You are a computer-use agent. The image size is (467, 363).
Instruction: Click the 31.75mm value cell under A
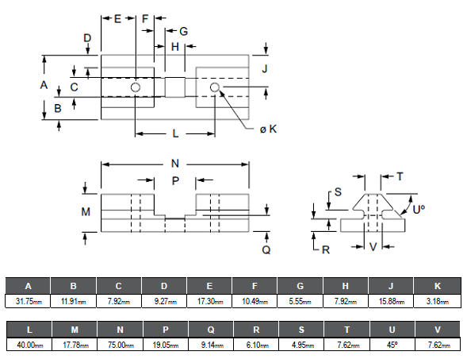point(28,301)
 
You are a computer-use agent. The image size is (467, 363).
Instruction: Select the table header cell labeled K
point(437,286)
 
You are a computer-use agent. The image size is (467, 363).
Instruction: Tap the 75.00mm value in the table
point(121,345)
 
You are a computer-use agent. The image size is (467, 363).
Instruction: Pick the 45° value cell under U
point(392,345)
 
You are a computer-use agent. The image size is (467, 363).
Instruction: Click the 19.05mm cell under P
point(166,345)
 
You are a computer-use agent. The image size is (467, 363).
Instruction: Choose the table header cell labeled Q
point(211,330)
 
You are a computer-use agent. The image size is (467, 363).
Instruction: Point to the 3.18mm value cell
point(437,301)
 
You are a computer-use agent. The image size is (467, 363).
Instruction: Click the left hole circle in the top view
point(136,87)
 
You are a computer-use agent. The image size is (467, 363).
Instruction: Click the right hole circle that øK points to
point(215,87)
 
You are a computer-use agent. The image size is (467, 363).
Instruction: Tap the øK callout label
point(268,129)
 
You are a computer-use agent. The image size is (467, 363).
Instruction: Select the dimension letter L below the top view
point(175,133)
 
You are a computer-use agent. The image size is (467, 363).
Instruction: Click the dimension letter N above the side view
point(175,164)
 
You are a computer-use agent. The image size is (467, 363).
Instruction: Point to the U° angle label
point(419,210)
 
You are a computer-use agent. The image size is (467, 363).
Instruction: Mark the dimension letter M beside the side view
point(86,212)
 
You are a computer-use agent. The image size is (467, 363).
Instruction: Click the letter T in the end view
point(400,176)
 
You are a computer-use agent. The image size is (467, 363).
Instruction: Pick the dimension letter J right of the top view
point(265,68)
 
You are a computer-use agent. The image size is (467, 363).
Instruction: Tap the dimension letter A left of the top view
point(44,85)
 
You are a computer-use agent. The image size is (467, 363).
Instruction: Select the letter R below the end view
point(326,250)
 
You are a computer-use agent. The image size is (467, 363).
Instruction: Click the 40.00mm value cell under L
point(29,345)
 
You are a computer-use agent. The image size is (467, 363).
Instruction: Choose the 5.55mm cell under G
point(300,301)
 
